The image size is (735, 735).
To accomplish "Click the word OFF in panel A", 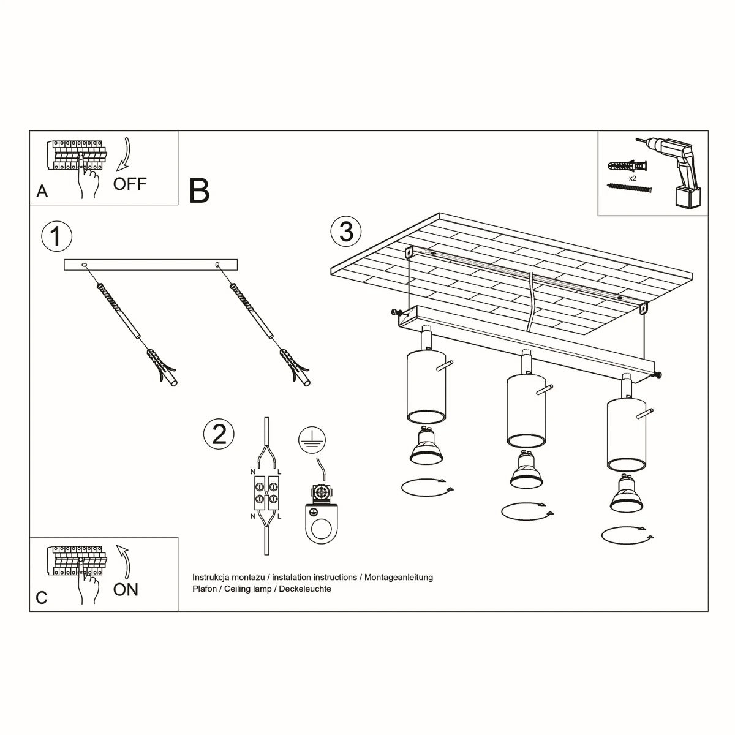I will [x=130, y=183].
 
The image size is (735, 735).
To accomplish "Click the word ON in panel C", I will [x=126, y=589].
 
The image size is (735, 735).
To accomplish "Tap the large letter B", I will [x=200, y=190].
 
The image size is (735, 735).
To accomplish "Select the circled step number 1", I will [x=56, y=236].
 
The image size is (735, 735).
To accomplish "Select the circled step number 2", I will [x=219, y=434].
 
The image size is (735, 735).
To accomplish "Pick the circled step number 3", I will [x=346, y=232].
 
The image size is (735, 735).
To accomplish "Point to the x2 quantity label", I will [x=633, y=178].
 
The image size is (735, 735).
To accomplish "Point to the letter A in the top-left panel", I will [x=42, y=192].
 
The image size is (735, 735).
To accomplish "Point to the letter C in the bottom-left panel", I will [x=42, y=598].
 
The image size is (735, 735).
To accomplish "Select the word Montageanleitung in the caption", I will [x=399, y=577].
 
